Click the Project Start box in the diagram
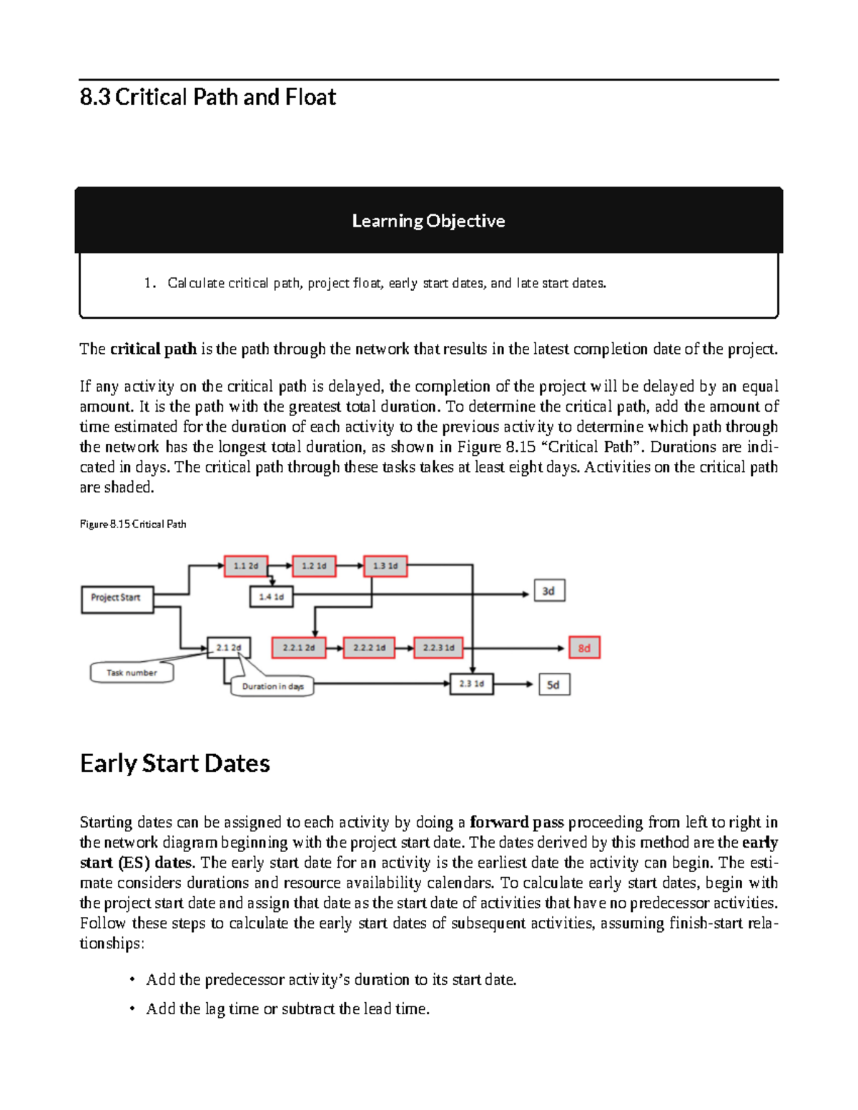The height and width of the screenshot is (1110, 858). (117, 598)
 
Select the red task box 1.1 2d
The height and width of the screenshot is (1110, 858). (246, 566)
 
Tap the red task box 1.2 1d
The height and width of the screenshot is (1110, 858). (314, 566)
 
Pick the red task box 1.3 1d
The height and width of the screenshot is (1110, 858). (385, 566)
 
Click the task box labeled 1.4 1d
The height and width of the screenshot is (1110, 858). (272, 597)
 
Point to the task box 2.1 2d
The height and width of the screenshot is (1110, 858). (229, 648)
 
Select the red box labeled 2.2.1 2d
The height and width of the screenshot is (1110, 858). (299, 648)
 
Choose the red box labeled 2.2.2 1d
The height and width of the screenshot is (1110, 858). (369, 648)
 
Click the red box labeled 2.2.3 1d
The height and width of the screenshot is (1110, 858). (438, 648)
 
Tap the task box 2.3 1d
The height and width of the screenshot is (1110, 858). (471, 684)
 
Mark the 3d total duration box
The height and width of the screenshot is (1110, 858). (549, 591)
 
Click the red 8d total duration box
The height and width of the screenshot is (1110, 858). (584, 648)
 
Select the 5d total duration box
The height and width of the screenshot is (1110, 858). (553, 685)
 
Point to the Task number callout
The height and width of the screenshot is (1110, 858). (132, 673)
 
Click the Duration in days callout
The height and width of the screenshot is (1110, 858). (272, 686)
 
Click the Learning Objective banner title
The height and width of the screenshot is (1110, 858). (428, 221)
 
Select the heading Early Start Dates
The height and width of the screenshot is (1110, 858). (175, 763)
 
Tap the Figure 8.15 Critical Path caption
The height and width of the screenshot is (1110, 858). (133, 524)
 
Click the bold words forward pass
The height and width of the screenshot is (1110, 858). (517, 822)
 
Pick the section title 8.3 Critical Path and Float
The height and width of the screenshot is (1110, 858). (208, 97)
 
